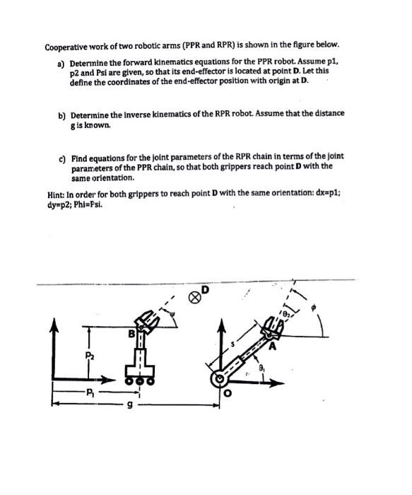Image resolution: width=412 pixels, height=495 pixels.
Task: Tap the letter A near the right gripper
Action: point(271,346)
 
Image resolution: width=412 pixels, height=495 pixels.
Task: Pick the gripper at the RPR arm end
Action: point(271,327)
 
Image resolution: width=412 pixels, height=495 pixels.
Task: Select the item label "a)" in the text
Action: point(61,63)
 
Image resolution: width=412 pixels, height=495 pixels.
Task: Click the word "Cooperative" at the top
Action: point(70,48)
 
